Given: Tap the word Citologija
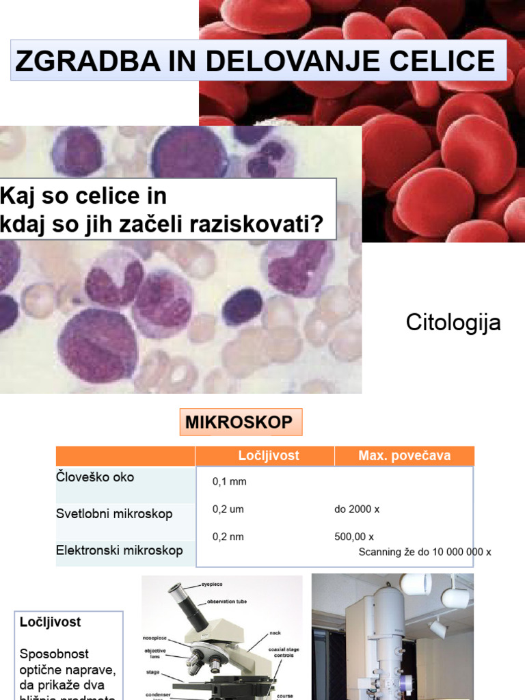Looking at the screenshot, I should point(453,323).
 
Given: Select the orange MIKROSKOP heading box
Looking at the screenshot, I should point(239,422).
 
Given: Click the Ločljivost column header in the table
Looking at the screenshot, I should point(269,456).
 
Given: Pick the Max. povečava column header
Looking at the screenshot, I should point(405,456).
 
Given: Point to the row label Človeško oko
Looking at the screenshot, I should point(95,477).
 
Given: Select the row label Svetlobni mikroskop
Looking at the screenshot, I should point(114,513).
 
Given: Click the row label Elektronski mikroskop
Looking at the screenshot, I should point(119,550).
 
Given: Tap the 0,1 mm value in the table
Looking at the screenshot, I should point(230,482).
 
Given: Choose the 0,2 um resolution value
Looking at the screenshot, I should point(228,509).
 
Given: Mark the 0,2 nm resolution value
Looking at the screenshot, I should point(228,537).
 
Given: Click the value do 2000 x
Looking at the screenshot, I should point(357,509).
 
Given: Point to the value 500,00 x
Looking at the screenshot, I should point(354,537).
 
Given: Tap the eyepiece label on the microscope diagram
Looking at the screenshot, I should point(212,584).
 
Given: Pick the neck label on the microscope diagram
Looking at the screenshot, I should point(275,633).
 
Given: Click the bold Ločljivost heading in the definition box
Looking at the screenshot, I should point(51,622).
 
